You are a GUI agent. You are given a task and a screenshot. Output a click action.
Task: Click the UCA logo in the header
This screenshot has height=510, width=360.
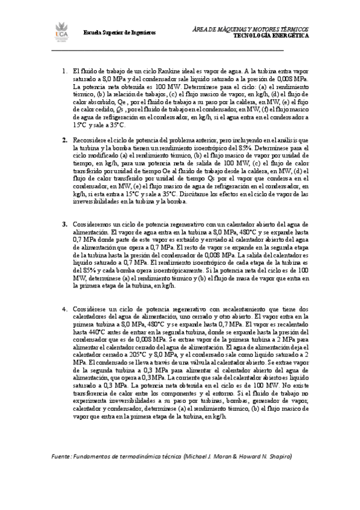point(63,32)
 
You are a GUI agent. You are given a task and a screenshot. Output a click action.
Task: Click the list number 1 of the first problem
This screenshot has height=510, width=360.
point(64,71)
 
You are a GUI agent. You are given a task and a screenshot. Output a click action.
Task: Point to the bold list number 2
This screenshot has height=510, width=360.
point(64,140)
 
